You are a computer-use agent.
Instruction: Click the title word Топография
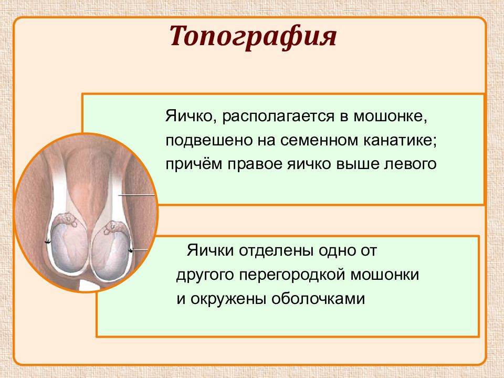253,37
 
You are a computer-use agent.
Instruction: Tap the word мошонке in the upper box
391,116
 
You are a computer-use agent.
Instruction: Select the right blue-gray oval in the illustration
111,251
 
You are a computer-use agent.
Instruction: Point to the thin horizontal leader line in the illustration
136,195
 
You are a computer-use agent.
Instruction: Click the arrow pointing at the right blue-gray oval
138,250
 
